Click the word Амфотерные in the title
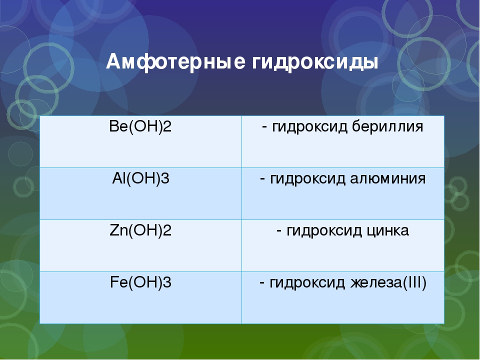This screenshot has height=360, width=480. point(176,62)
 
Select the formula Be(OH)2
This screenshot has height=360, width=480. point(140,126)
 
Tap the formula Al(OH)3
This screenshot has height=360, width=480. point(140,178)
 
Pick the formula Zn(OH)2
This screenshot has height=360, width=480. point(140,230)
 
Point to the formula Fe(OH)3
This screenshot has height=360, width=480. point(140,282)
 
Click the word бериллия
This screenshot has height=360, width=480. point(387,126)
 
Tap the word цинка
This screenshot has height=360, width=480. point(387,231)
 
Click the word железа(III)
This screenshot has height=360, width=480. point(388,282)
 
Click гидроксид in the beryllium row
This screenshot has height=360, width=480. point(309,127)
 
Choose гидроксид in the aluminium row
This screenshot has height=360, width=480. point(307,179)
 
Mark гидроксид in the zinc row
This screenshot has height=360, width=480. point(324,231)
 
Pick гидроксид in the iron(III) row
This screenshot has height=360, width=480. point(307,283)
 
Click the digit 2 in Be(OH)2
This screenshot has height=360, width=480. point(167,126)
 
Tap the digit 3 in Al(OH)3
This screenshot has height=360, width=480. point(165,178)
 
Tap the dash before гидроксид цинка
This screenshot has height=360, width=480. point(279,231)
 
